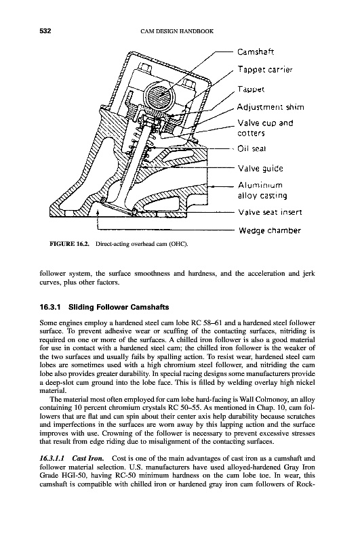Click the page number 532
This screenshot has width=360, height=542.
tap(45, 31)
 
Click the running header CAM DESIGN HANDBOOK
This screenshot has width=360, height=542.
tap(178, 31)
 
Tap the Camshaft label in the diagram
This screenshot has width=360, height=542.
tap(256, 52)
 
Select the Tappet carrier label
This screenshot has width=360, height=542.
tap(265, 70)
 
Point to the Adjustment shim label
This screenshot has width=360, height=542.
tap(271, 107)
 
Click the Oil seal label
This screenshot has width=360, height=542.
tap(252, 149)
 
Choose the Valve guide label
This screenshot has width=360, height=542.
tap(260, 169)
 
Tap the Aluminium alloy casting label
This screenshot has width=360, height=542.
tap(262, 190)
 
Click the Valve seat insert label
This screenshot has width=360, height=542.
tap(270, 212)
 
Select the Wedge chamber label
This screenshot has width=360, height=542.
tap(270, 231)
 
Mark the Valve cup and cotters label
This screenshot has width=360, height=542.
tap(265, 128)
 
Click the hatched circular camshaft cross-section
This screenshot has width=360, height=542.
tap(161, 94)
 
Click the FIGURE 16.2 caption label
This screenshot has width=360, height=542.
tap(70, 244)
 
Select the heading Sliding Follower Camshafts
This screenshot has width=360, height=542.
tap(119, 307)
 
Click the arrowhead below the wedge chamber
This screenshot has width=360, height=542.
tap(98, 213)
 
